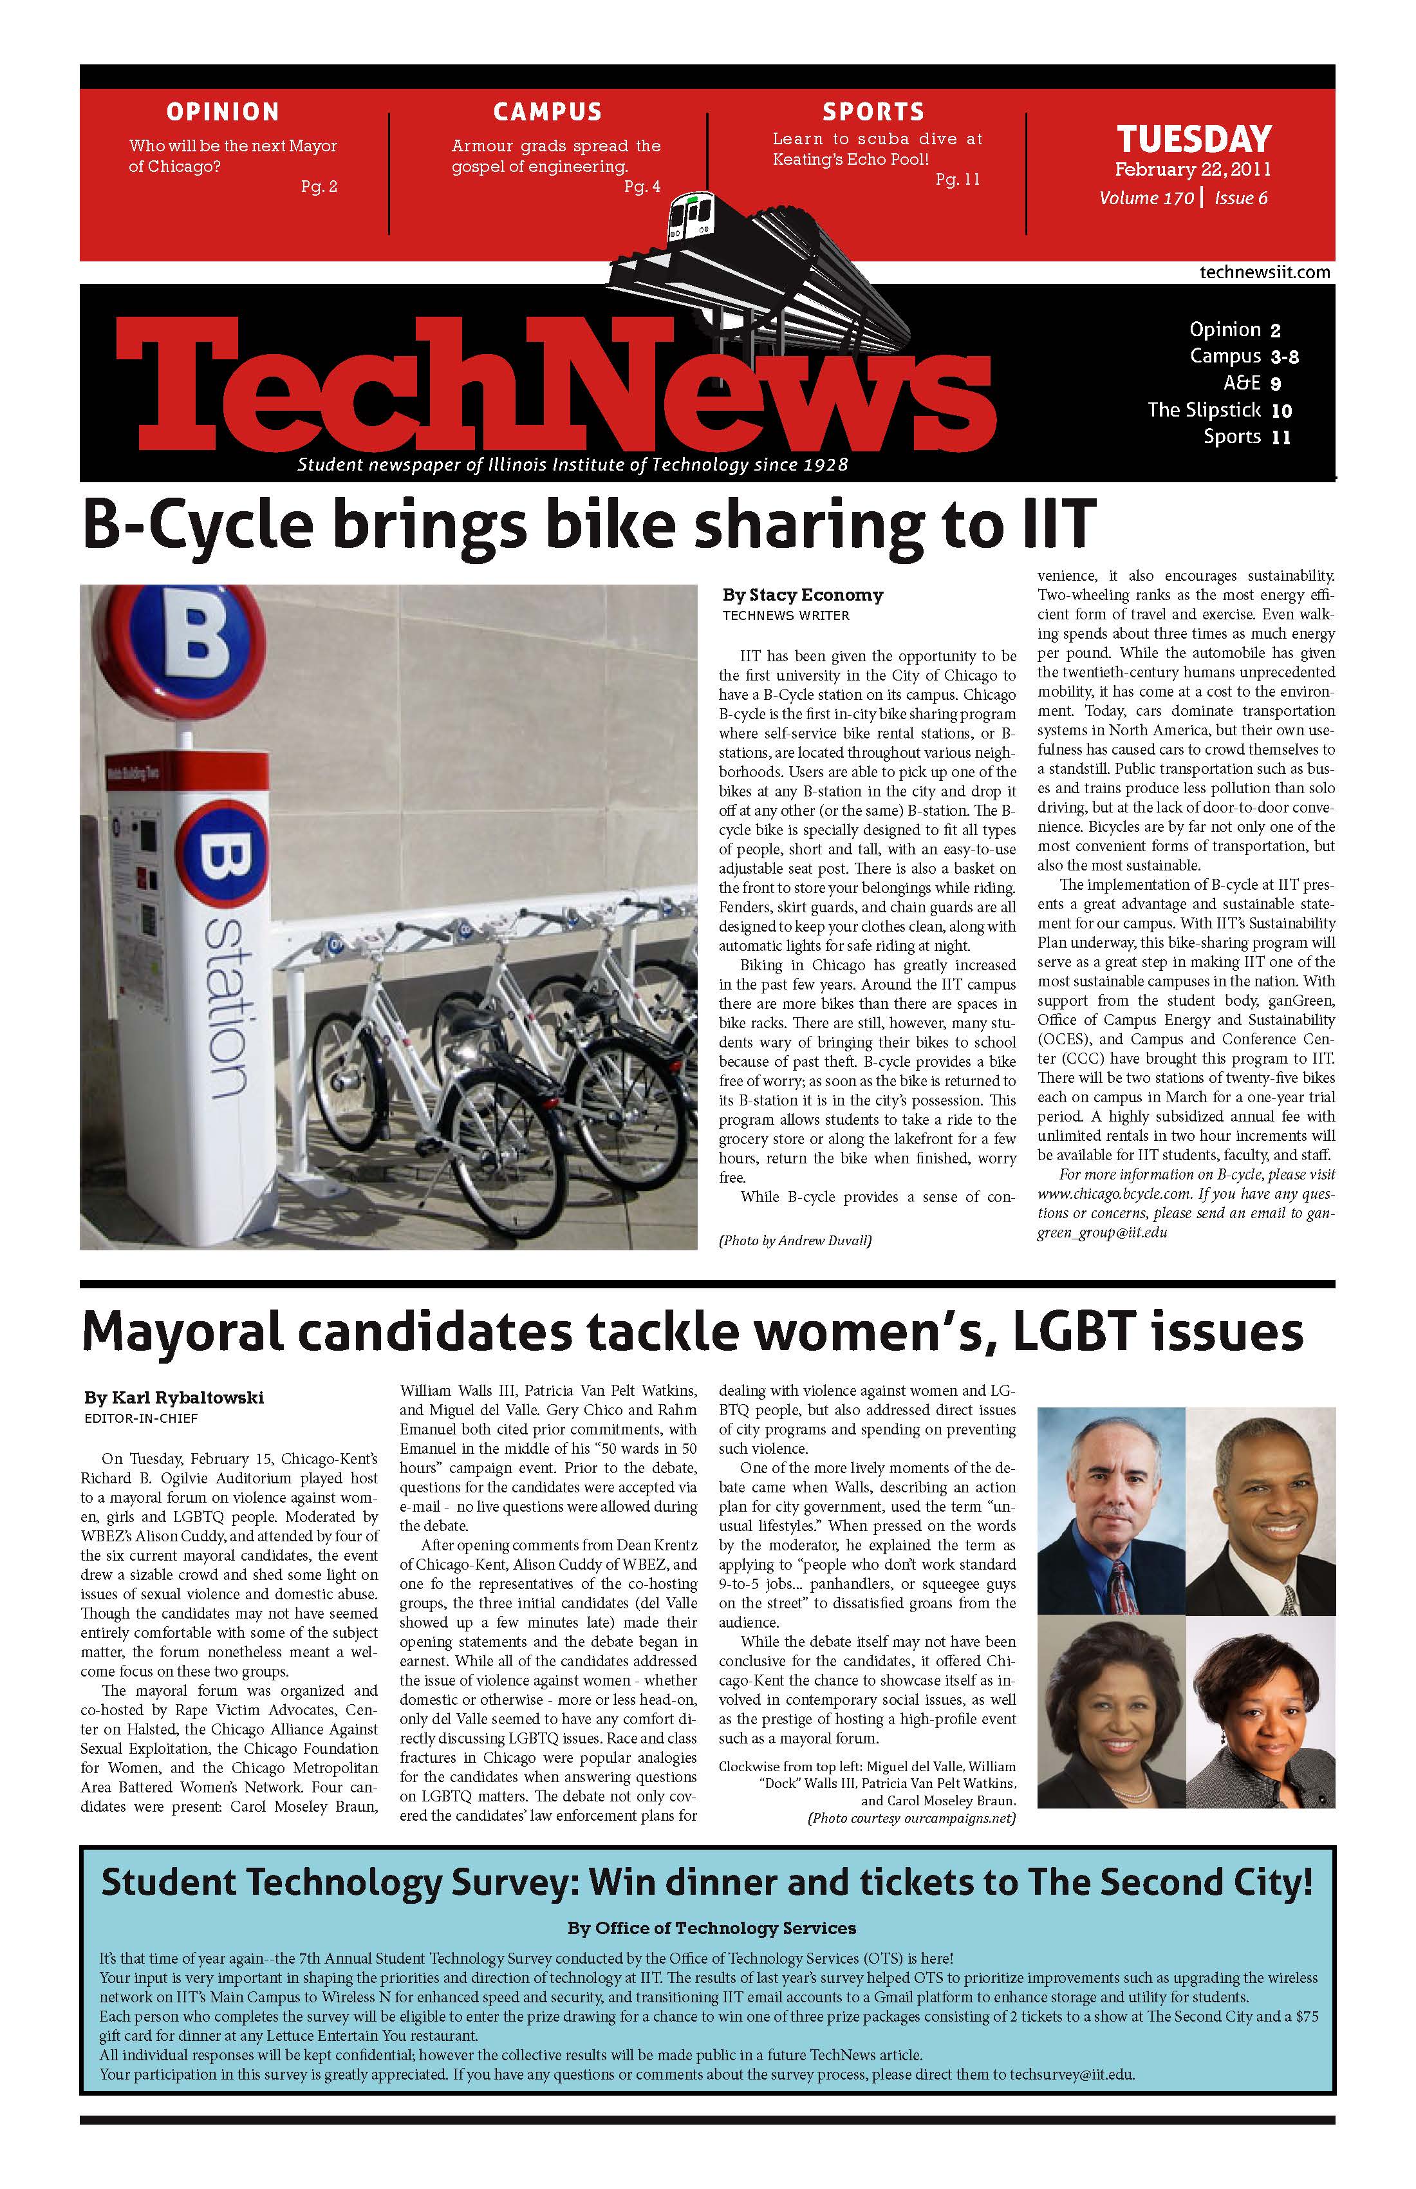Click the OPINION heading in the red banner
tap(223, 112)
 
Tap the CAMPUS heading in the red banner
tap(547, 112)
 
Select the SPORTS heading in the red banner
tap(873, 112)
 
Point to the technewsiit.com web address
tap(1264, 272)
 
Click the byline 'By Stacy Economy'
tap(802, 595)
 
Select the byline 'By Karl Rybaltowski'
tap(174, 1397)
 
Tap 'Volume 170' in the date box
tap(1146, 198)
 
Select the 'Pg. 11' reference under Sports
tap(957, 180)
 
